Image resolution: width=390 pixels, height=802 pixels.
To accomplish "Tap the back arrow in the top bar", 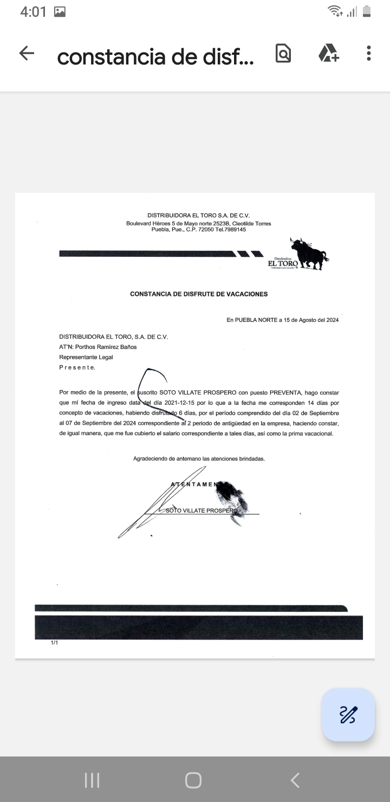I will (27, 53).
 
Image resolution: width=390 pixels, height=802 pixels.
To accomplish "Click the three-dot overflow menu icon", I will (368, 53).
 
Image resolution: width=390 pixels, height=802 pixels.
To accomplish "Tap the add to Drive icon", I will (328, 53).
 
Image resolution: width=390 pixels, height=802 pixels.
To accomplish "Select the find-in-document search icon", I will (283, 53).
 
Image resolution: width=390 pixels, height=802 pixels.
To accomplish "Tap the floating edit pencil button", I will (348, 714).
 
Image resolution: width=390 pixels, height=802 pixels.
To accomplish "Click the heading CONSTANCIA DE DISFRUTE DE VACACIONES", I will (199, 294).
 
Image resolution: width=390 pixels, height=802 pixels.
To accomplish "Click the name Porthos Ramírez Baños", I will (106, 347).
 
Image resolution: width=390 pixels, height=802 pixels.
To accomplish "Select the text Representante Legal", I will (86, 357).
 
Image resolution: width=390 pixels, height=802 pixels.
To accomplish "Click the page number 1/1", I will (54, 643).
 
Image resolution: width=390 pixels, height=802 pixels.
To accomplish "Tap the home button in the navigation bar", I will (193, 780).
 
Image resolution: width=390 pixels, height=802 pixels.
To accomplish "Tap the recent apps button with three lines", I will (92, 780).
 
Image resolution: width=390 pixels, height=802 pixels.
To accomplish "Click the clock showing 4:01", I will (33, 11).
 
